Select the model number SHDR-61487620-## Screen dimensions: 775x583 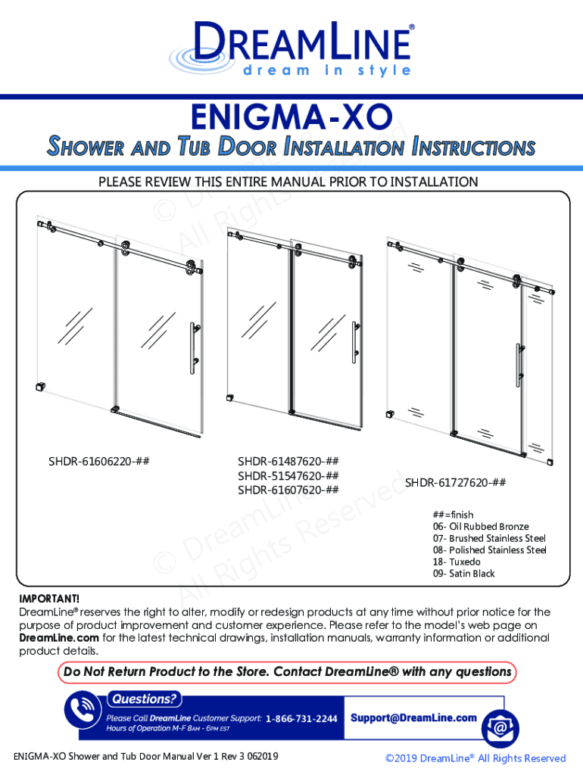[x=288, y=461]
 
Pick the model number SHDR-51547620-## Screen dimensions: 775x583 [x=288, y=475]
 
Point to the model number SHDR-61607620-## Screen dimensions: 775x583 [x=288, y=490]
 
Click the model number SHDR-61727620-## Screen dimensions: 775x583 [x=455, y=483]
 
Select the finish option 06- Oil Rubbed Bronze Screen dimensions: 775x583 [x=481, y=526]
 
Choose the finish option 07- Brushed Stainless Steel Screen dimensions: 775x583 [x=489, y=538]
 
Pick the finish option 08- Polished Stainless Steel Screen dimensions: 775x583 [x=489, y=549]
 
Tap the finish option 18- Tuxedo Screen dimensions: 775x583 [x=457, y=562]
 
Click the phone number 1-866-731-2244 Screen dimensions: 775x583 [x=301, y=718]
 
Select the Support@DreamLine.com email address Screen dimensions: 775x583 [x=413, y=717]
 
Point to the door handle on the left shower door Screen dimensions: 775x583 [x=194, y=348]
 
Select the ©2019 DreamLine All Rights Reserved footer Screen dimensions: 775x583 [x=475, y=758]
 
